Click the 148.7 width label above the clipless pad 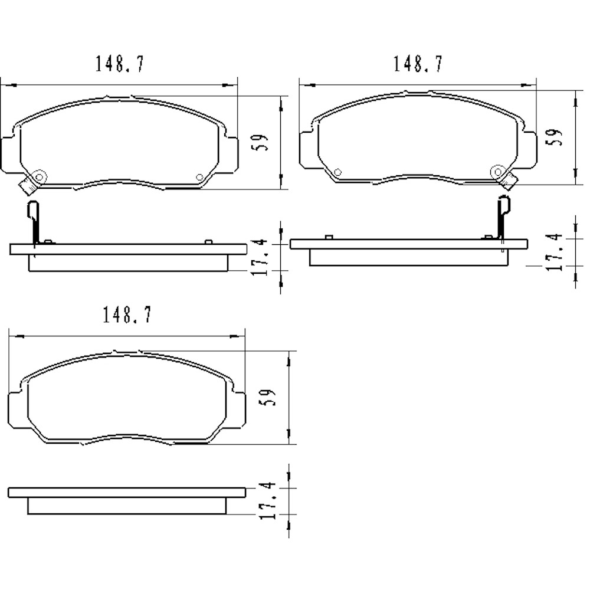tap(127, 316)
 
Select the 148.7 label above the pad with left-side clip tap(120, 64)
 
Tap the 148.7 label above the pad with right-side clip tap(418, 64)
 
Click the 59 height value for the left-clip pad tap(262, 142)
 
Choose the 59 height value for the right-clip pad tap(555, 137)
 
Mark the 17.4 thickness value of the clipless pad tap(266, 500)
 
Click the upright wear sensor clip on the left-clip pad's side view tap(34, 221)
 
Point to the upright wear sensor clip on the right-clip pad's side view tap(503, 218)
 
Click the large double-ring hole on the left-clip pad tap(40, 176)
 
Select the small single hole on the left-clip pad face tap(199, 177)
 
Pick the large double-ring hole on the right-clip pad tap(497, 172)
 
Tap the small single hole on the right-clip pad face tap(337, 172)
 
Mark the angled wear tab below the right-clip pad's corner tap(509, 182)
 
